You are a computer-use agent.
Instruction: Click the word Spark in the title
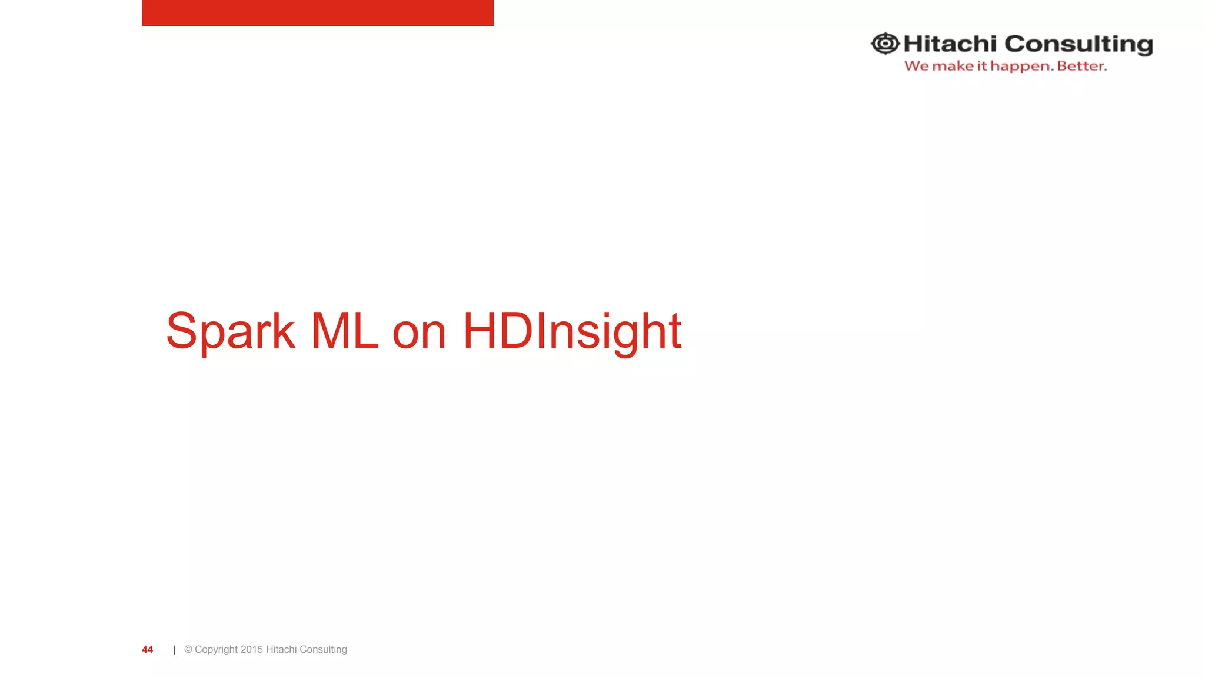(x=230, y=331)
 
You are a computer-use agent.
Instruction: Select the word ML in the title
(x=344, y=331)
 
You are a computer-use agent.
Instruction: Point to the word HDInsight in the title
(x=572, y=331)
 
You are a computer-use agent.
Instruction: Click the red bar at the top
(x=318, y=12)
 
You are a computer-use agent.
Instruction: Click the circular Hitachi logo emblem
(x=885, y=44)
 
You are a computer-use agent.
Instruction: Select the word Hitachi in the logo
(x=950, y=44)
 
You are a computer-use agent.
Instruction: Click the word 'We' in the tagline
(x=916, y=66)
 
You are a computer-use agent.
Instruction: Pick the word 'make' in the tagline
(x=953, y=66)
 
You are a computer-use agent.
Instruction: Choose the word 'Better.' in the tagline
(x=1081, y=66)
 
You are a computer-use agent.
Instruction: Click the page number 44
(x=147, y=649)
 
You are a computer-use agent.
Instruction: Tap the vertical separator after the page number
(x=175, y=650)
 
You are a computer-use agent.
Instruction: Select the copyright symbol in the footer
(x=188, y=649)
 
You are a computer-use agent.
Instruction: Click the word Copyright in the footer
(x=216, y=650)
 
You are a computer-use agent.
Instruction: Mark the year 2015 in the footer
(x=252, y=649)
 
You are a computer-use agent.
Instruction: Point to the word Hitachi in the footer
(x=281, y=649)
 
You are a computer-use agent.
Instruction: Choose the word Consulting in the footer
(x=323, y=650)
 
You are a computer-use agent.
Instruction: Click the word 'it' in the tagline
(x=981, y=66)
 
